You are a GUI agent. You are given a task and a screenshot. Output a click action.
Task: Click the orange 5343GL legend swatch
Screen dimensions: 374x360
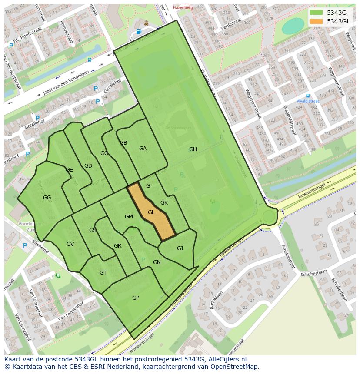317,21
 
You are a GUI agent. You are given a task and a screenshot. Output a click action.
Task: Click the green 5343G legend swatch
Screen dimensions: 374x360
317,13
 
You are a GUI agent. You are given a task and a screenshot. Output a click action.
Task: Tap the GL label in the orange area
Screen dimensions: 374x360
151,212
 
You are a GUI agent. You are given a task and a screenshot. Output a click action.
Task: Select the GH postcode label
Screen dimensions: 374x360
193,149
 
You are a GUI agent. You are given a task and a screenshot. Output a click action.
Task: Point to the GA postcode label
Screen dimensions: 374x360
143,149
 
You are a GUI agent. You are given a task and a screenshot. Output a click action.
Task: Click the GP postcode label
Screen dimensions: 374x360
136,298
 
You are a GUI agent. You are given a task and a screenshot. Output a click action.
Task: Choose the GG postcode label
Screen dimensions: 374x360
47,198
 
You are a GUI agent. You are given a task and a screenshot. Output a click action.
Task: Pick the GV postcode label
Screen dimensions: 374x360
70,244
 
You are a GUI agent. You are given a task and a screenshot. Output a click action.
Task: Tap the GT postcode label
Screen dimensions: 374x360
103,273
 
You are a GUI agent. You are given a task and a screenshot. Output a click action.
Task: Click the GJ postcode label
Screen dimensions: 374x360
180,248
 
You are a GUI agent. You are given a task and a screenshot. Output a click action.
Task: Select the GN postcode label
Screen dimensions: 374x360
157,262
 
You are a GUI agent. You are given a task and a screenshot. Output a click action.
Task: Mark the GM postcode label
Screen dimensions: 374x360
129,217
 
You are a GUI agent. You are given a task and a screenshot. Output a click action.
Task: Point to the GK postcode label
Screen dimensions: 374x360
164,203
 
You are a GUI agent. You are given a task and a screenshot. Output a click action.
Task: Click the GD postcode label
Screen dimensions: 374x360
88,166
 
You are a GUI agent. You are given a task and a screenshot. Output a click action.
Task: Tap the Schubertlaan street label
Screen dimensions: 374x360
313,275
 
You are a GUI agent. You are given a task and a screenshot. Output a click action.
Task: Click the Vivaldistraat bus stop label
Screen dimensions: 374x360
308,101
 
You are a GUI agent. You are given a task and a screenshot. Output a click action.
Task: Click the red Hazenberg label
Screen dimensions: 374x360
182,7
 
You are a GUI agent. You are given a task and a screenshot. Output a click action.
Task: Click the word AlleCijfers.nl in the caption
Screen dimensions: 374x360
227,359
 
